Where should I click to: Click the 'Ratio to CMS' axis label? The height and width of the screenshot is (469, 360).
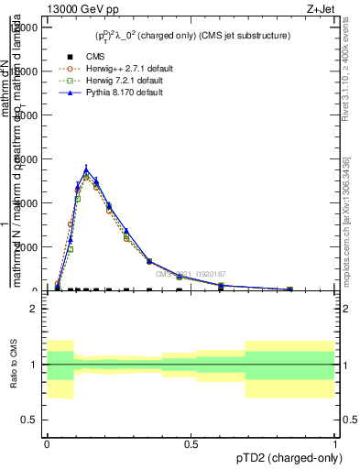pyautogui.click(x=15, y=365)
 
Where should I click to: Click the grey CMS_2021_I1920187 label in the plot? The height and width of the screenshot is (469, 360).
pyautogui.click(x=191, y=273)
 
